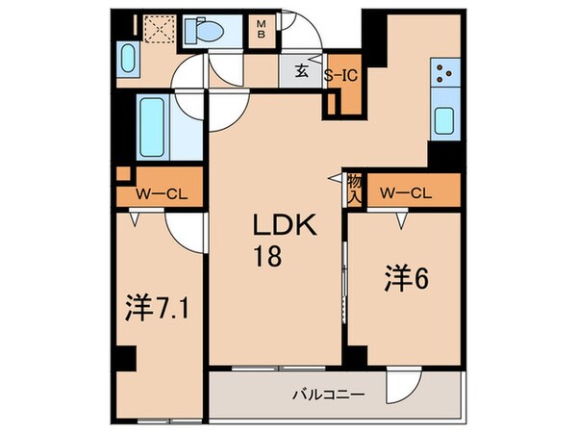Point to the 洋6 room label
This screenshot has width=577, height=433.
point(394,278)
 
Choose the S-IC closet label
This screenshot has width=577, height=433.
point(340,73)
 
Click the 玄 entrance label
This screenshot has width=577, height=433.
point(302,70)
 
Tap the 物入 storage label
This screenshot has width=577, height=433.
point(354,188)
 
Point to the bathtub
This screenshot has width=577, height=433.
point(153,125)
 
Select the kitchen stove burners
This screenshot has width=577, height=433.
point(444,72)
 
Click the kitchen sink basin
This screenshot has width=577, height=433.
point(444,121)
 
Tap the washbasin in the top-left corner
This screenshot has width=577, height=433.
point(127,61)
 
